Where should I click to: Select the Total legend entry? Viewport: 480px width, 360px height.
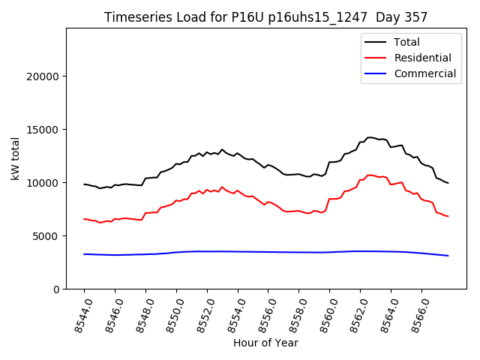click(406, 42)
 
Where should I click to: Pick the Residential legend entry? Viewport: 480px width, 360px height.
click(422, 58)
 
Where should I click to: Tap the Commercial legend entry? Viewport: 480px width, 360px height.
click(424, 73)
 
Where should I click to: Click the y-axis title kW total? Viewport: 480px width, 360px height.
click(15, 158)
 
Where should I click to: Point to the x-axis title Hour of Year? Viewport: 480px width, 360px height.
click(265, 343)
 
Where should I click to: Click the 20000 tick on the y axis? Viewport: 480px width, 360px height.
click(43, 76)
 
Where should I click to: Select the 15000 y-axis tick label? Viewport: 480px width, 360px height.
click(43, 130)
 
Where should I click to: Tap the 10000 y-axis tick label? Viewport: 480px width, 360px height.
click(43, 183)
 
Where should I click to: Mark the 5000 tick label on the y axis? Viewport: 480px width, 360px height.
click(46, 236)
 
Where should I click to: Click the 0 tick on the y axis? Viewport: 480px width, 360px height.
click(56, 289)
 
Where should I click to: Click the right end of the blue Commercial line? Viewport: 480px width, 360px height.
click(448, 256)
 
